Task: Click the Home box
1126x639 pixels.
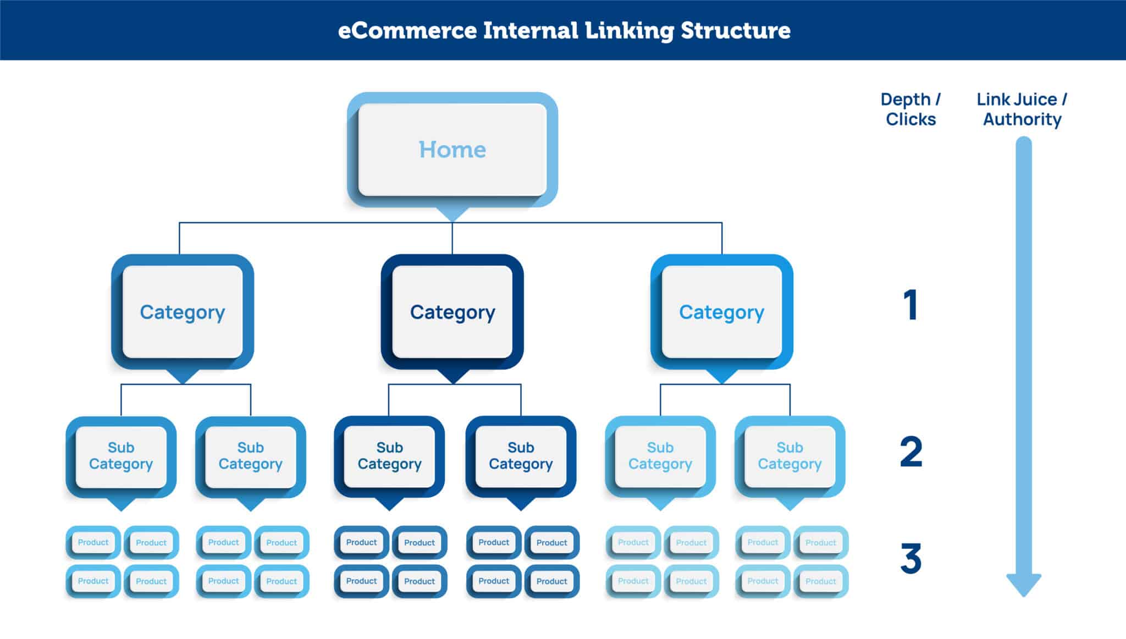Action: (x=452, y=150)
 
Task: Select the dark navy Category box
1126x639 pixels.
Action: (x=452, y=312)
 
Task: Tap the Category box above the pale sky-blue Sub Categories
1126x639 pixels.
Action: (x=722, y=312)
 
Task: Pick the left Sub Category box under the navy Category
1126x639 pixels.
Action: (x=389, y=456)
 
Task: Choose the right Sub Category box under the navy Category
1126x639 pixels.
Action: (x=521, y=456)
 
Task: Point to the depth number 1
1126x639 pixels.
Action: (x=911, y=305)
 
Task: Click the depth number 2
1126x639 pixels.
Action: (x=911, y=451)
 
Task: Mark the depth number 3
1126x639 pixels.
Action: (x=911, y=558)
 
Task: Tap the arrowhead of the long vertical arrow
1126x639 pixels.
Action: (x=1024, y=585)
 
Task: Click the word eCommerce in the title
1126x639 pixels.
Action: (x=407, y=30)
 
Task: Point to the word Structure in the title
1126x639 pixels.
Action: (x=736, y=30)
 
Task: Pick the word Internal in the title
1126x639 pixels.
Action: (x=531, y=30)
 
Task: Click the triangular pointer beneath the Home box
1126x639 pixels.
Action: (x=452, y=214)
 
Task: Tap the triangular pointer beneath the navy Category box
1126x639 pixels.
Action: (x=452, y=376)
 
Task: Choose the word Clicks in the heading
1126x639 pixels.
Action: (x=911, y=119)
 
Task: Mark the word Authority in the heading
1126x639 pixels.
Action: (x=1022, y=120)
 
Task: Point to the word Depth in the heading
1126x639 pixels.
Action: (x=906, y=100)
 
